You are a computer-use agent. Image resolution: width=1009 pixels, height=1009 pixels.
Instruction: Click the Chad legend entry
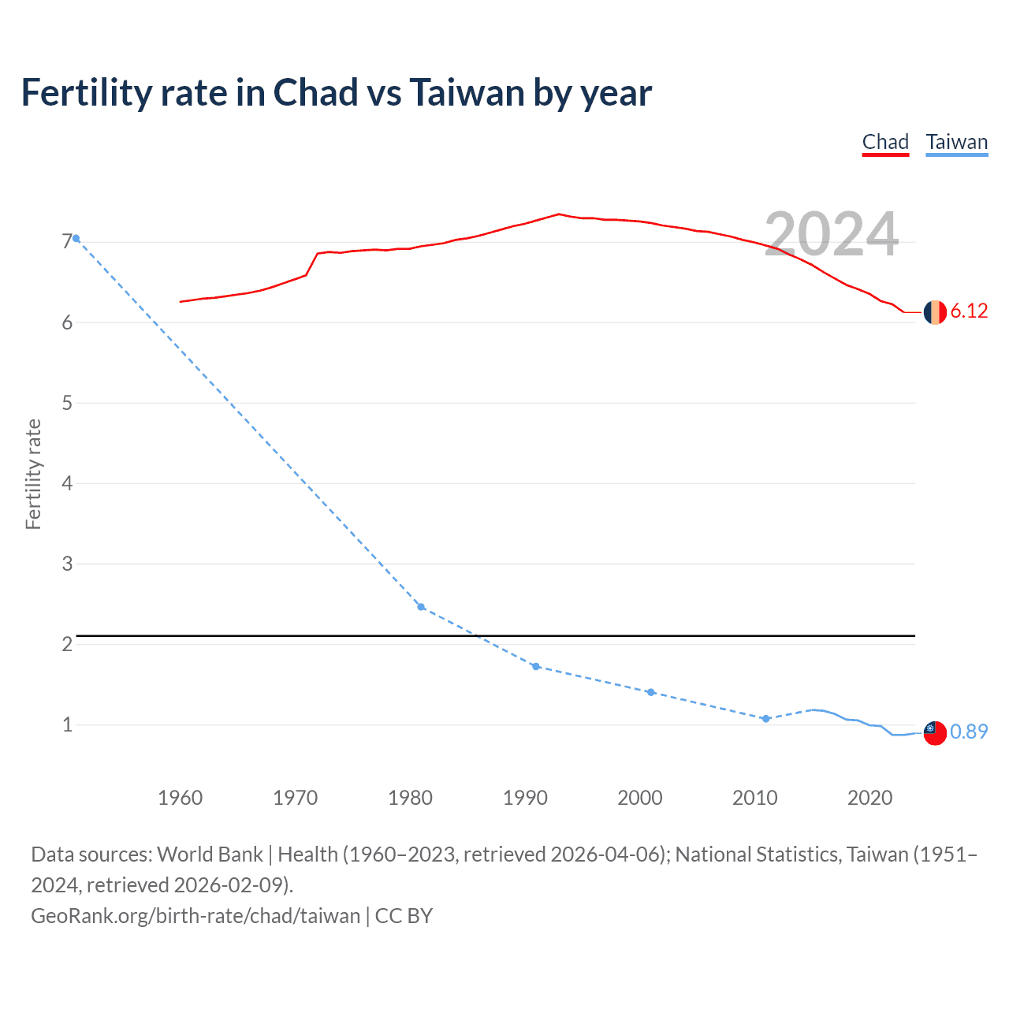885,142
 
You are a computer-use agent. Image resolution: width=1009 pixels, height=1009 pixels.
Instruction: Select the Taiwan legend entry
956,142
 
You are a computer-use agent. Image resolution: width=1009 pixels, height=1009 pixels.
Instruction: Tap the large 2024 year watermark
831,234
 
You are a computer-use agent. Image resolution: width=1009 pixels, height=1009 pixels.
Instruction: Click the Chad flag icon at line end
935,312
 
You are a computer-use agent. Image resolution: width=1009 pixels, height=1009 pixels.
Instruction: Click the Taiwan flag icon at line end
935,732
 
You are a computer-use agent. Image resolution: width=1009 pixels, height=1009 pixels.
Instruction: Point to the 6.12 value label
969,311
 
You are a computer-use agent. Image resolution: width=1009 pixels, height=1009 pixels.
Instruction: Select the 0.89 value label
969,732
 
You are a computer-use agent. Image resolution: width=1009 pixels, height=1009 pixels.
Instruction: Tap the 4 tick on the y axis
67,483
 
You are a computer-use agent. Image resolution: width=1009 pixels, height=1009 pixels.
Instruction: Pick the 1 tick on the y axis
67,724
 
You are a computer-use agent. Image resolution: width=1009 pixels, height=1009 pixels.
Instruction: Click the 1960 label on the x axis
181,798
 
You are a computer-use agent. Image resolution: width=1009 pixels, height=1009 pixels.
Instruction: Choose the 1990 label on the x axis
525,798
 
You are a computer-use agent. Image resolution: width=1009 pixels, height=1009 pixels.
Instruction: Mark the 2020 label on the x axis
869,798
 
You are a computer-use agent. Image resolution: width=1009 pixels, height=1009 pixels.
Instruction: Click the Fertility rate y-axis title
33,474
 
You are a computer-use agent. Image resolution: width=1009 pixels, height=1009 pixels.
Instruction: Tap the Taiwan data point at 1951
76,238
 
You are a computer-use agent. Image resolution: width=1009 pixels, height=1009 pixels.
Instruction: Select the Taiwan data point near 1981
421,607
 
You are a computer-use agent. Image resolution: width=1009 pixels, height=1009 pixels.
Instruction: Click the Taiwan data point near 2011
765,719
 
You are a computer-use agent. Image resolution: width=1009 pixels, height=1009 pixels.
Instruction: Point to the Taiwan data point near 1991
536,667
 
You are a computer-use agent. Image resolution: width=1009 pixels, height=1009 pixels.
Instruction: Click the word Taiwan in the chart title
467,93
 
